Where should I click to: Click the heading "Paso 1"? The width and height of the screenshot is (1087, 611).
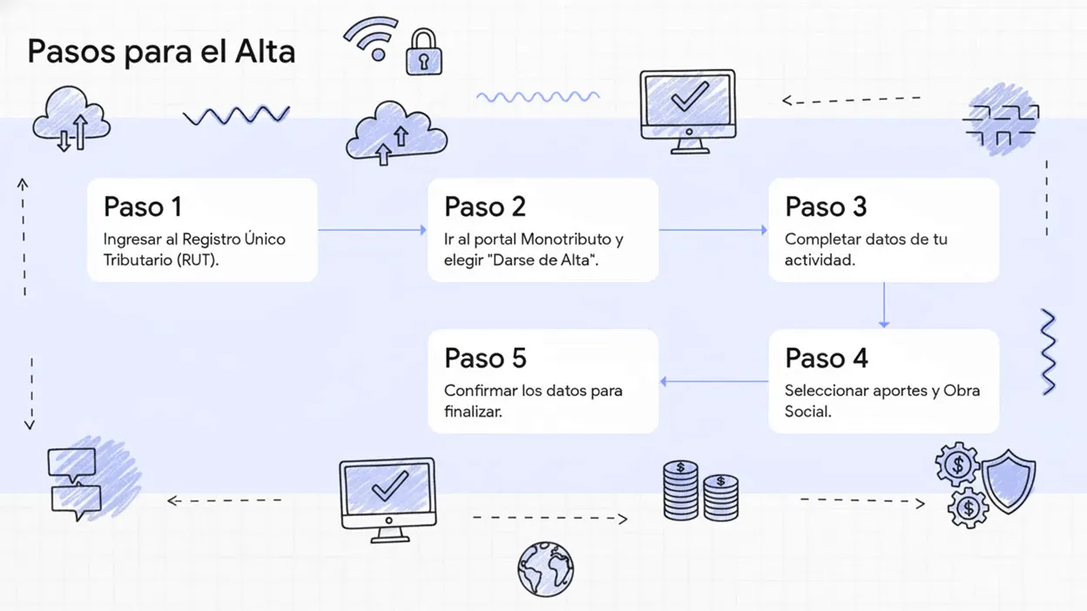[143, 207]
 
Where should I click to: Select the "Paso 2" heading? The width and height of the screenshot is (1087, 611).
[485, 207]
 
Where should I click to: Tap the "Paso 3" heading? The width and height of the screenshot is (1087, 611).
[826, 207]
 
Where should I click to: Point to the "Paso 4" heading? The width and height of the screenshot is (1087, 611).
[826, 358]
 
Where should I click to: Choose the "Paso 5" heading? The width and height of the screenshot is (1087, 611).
[485, 358]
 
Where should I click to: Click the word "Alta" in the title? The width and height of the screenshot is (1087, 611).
[265, 52]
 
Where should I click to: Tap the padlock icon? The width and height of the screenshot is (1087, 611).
[424, 53]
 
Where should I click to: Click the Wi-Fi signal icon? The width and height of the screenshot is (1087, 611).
[372, 38]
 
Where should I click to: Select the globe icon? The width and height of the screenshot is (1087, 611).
[545, 569]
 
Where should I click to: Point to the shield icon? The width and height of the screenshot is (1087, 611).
[1009, 481]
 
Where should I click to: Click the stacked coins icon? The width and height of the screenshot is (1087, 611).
[700, 492]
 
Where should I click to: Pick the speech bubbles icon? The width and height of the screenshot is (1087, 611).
[75, 485]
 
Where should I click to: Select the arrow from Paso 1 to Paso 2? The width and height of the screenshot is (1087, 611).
[372, 231]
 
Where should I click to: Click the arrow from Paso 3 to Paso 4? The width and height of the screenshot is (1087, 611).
[883, 305]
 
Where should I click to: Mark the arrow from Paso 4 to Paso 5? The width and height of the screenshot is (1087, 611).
[713, 381]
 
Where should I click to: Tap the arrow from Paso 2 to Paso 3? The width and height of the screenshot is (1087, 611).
[712, 231]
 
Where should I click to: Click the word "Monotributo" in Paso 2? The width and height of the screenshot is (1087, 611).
[572, 239]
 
